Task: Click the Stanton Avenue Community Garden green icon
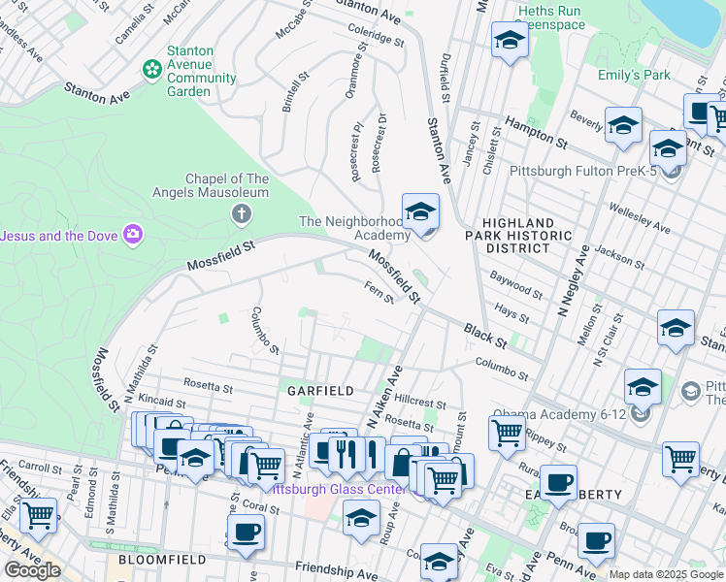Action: point(151,68)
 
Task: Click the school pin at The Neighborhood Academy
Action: point(420,211)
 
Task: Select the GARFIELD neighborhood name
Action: point(319,390)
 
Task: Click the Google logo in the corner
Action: point(32,570)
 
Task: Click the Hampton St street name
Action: point(535,135)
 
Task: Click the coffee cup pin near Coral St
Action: point(246,533)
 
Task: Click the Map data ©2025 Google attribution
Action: point(666,574)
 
